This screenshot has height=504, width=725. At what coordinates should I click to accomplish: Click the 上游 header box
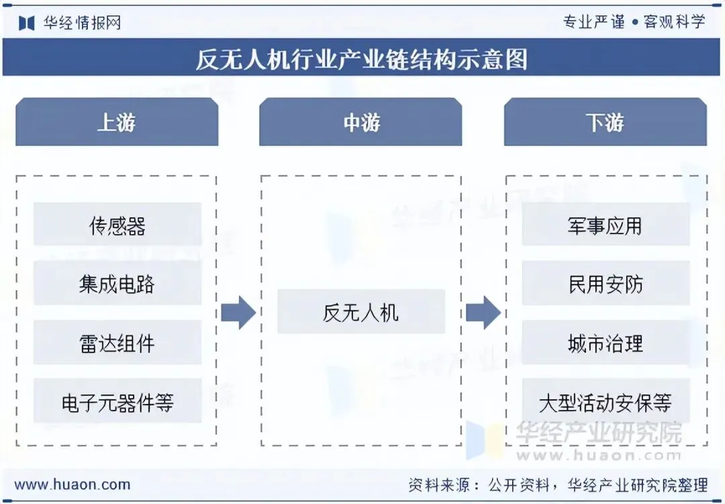pos(117,122)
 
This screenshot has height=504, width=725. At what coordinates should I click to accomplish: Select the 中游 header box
pos(360,122)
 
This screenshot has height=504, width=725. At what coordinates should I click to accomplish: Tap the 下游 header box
pos(605,122)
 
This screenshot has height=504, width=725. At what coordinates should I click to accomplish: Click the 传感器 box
pos(117,225)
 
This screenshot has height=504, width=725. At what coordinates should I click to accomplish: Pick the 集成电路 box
pos(117,284)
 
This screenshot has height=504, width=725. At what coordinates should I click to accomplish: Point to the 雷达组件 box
pos(117,343)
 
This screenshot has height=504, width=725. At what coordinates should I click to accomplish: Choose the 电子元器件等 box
pos(117,402)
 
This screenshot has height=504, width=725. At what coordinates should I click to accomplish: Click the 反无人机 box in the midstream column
pos(360,312)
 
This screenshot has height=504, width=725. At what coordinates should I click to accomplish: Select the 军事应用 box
pos(606,225)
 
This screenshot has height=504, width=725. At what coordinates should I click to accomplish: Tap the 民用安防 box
pos(606,284)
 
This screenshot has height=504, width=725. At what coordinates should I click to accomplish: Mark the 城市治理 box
pos(606,343)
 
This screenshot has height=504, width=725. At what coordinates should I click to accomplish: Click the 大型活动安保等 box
pos(606,402)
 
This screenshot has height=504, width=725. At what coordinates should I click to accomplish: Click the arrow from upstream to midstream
pos(238,312)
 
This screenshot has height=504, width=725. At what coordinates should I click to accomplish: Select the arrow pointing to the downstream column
pos(483,312)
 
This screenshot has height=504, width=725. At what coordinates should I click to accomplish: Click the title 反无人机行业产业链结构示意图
pos(362,59)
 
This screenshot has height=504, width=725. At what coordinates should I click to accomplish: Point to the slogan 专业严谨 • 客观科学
pos(634,22)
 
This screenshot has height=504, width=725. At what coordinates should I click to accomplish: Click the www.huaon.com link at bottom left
pos(72,484)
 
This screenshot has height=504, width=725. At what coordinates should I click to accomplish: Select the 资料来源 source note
pos(558,484)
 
